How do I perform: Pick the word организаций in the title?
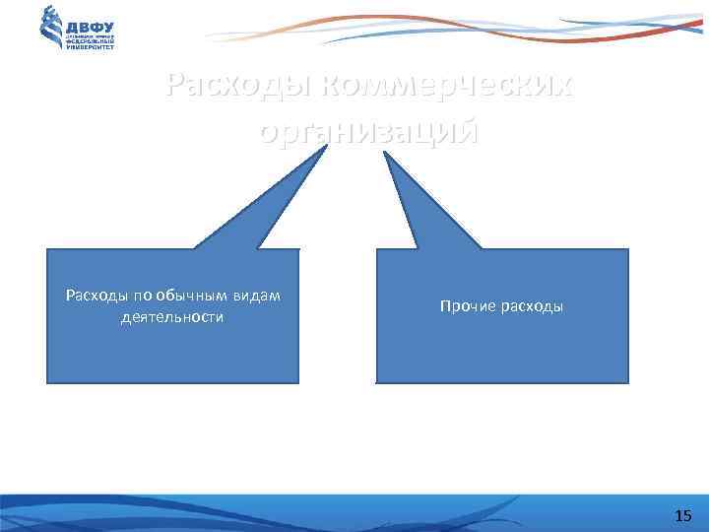pyautogui.click(x=369, y=131)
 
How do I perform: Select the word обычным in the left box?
pyautogui.click(x=185, y=297)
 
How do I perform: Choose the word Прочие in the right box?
pyautogui.click(x=466, y=307)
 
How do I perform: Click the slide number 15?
pyautogui.click(x=683, y=515)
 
